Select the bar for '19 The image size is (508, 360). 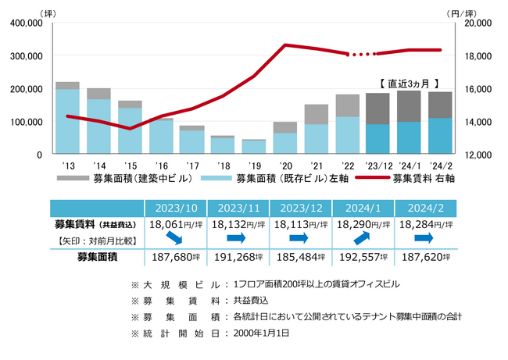(x=253, y=147)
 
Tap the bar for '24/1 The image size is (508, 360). (x=409, y=123)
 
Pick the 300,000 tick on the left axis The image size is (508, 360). (x=25, y=56)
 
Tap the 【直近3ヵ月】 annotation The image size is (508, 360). (x=408, y=82)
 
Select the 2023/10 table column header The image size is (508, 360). (x=176, y=208)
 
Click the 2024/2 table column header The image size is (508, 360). (x=426, y=208)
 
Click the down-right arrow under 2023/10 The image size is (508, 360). (x=176, y=237)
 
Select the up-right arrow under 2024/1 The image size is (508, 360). (x=363, y=236)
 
